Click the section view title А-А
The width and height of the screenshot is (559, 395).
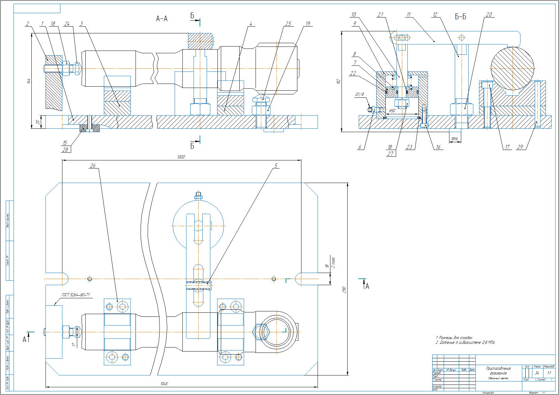(161, 19)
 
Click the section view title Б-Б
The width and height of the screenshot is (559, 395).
(461, 17)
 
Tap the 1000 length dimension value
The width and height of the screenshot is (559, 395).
(181, 157)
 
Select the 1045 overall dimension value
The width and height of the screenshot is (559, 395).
(164, 384)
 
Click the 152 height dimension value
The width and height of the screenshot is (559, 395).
(338, 81)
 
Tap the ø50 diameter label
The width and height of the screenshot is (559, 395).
(392, 111)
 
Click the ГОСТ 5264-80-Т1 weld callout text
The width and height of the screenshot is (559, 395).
(76, 295)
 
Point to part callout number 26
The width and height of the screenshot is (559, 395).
(93, 165)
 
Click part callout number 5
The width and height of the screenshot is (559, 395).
(275, 165)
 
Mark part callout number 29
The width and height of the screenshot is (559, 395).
(520, 147)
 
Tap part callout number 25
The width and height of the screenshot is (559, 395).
(288, 24)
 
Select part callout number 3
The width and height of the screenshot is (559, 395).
(82, 24)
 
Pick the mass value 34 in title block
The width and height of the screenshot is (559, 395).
(537, 373)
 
